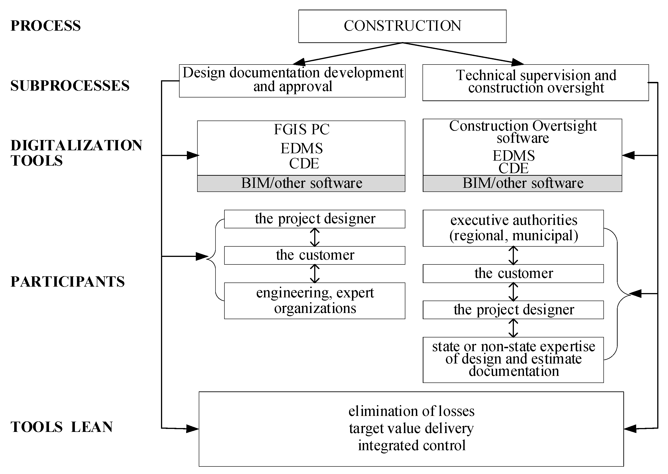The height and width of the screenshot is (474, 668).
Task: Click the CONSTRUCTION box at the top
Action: pos(402,26)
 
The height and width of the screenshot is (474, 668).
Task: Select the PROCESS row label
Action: pos(46,26)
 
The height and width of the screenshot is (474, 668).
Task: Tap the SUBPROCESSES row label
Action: pos(70,86)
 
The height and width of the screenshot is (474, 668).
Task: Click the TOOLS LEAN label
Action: pos(62,427)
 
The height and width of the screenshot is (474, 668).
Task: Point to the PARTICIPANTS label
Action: pos(68,282)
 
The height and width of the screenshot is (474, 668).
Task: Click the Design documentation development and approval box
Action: pos(292,81)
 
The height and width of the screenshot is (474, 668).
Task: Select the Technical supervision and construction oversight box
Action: pos(535,82)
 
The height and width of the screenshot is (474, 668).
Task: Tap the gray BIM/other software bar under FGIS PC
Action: pos(301,183)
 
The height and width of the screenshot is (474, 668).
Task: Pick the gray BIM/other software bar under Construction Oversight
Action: pos(522,183)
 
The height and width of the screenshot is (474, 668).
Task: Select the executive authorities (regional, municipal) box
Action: pos(513,228)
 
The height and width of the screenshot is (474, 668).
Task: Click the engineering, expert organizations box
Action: pos(315,300)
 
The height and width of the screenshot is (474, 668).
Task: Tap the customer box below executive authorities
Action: pos(513,273)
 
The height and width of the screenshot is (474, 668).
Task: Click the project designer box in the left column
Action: pos(315,219)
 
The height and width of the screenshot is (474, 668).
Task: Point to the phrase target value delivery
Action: pos(411,428)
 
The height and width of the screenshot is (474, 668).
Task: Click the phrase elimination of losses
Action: pos(411,411)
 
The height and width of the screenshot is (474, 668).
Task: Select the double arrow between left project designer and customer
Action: pos(315,237)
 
